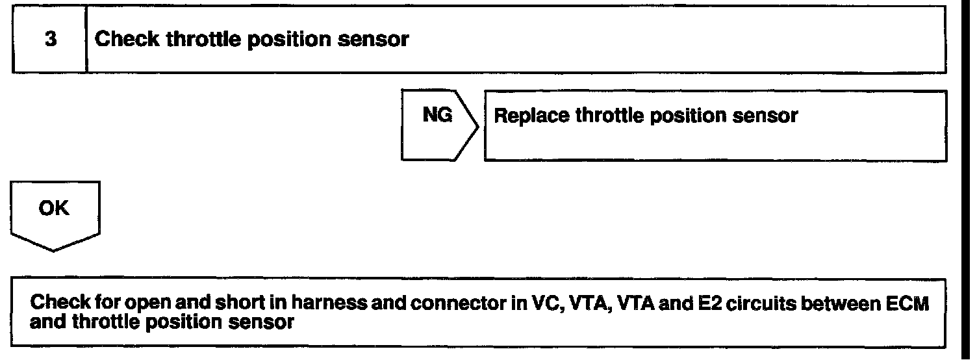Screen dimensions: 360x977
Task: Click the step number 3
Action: click(x=51, y=40)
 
